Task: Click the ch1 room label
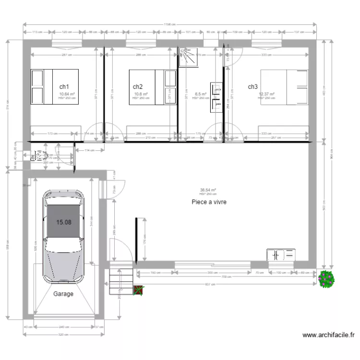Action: pyautogui.click(x=64, y=87)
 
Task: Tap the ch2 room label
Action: pyautogui.click(x=138, y=87)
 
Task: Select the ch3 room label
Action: pyautogui.click(x=253, y=87)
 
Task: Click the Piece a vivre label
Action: pyautogui.click(x=208, y=202)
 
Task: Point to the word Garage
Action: pyautogui.click(x=63, y=294)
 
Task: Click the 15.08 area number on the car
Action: pyautogui.click(x=64, y=222)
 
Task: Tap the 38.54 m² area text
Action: pyautogui.click(x=208, y=190)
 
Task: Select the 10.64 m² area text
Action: pyautogui.click(x=67, y=94)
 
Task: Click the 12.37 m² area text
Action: pyautogui.click(x=266, y=94)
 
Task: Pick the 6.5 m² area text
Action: pyautogui.click(x=201, y=94)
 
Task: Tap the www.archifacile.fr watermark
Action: pyautogui.click(x=329, y=335)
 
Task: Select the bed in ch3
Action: pyautogui.click(x=284, y=87)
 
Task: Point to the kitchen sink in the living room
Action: pyautogui.click(x=281, y=255)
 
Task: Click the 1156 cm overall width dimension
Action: pyautogui.click(x=168, y=24)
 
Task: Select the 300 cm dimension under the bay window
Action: pyautogui.click(x=212, y=272)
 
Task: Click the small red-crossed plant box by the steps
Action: pyautogui.click(x=138, y=290)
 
